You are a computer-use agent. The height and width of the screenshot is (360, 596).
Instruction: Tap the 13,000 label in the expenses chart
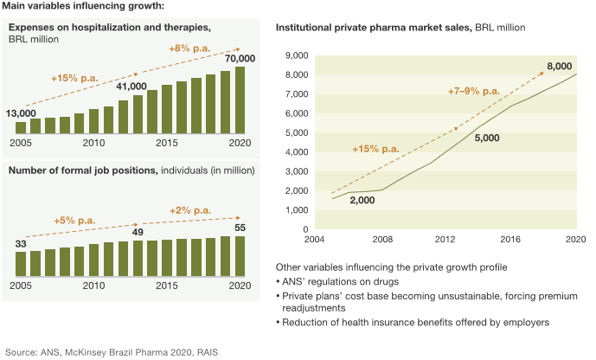click(21, 113)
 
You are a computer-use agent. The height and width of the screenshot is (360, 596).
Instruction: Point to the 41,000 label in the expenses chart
click(131, 87)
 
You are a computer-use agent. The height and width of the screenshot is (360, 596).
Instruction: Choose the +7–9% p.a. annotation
click(473, 91)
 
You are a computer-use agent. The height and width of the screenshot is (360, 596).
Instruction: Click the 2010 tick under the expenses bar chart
click(94, 142)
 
